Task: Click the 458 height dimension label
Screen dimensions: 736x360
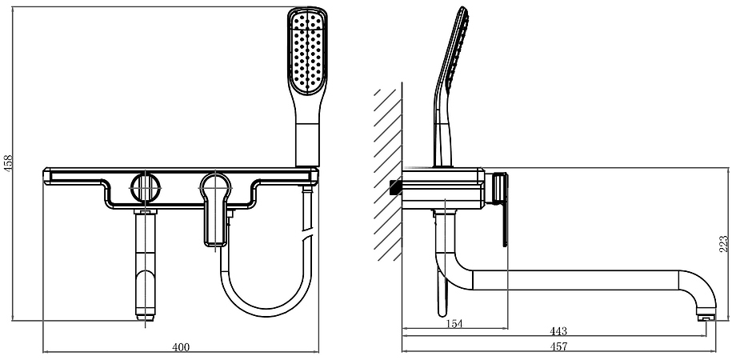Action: [x=9, y=164]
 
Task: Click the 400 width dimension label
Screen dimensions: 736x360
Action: [x=181, y=347]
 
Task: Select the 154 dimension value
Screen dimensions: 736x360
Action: [x=454, y=323]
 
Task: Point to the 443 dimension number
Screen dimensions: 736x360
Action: [x=558, y=331]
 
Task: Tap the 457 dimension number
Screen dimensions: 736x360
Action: [x=558, y=347]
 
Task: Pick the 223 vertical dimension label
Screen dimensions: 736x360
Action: [x=724, y=244]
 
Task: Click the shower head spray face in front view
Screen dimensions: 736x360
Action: [x=307, y=52]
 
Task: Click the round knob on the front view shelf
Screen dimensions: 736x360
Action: [x=145, y=187]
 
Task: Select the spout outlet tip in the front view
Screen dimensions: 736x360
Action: [x=145, y=318]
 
